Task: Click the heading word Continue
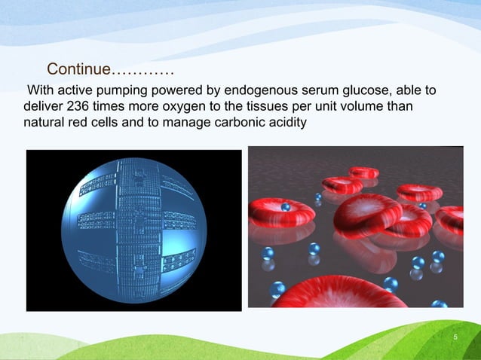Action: click(x=78, y=70)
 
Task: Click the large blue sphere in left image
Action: click(x=133, y=230)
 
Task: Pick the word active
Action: click(x=77, y=92)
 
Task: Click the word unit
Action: click(x=343, y=106)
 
